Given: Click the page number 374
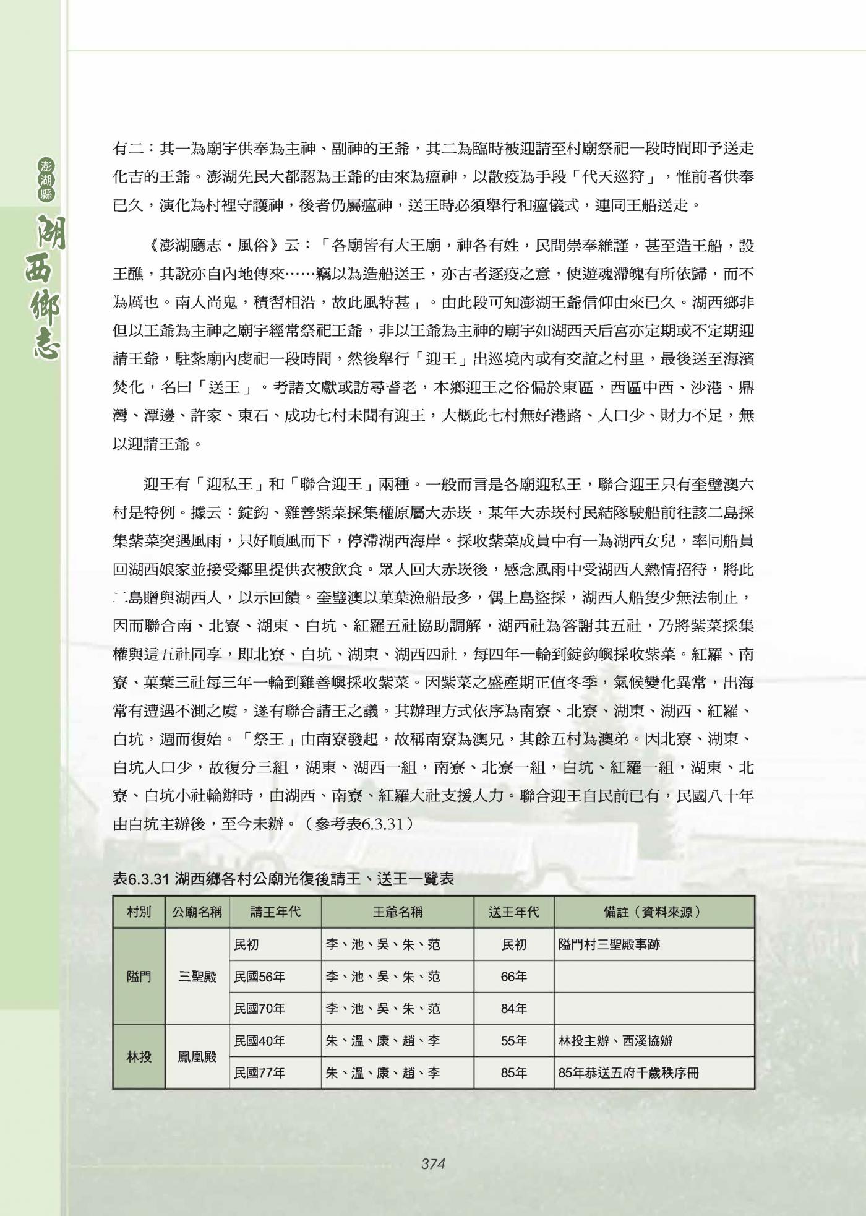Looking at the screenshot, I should (x=433, y=1163).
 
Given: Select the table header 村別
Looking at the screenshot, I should (x=139, y=912).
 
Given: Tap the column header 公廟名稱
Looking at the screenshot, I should (x=197, y=912).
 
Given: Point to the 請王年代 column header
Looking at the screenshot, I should (x=275, y=912).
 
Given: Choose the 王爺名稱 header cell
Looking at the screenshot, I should (x=398, y=912).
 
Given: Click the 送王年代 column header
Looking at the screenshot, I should (x=513, y=912).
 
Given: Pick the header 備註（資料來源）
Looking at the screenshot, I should (x=653, y=912).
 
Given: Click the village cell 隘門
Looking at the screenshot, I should (x=139, y=977).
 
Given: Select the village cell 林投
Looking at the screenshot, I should (x=139, y=1057).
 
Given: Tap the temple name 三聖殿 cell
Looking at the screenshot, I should (x=197, y=977).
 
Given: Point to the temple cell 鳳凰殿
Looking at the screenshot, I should (x=197, y=1057).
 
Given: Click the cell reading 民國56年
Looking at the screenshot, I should (x=260, y=977).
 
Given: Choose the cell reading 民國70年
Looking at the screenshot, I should (x=260, y=1009).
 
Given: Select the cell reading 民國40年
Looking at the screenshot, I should (x=260, y=1041).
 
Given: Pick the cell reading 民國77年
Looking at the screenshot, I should (x=260, y=1073).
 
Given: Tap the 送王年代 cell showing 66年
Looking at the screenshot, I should (x=513, y=977).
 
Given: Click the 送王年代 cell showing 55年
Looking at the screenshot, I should (x=513, y=1041).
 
